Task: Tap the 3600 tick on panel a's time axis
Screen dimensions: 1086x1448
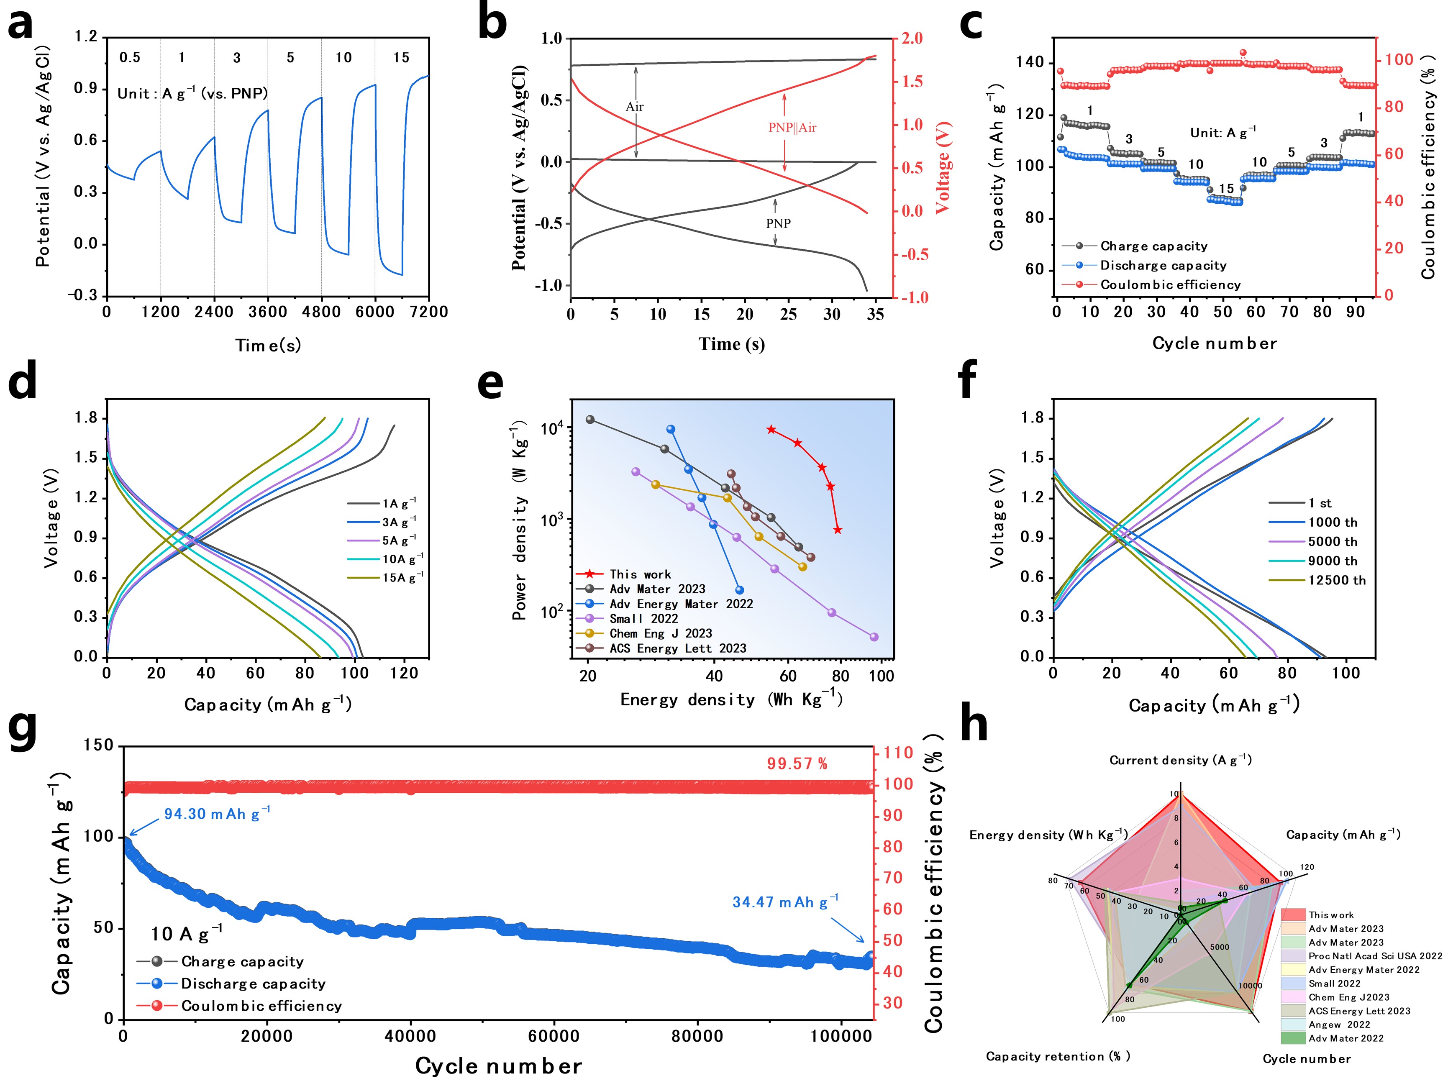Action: click(268, 312)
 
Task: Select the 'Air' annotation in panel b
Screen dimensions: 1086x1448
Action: click(634, 107)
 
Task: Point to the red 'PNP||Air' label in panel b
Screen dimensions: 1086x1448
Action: click(792, 128)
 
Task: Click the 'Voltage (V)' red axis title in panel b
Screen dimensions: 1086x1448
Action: click(942, 168)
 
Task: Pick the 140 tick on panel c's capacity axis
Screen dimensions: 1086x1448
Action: click(1030, 63)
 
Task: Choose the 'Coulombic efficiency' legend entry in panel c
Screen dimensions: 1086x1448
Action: click(1170, 285)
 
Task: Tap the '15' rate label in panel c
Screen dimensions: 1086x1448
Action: click(1225, 189)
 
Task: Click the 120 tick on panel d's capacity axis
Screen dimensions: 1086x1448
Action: click(404, 673)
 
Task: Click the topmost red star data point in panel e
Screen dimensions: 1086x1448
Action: click(771, 430)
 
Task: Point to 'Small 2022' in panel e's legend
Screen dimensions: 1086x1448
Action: click(643, 619)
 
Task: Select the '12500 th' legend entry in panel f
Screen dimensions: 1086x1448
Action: click(1337, 580)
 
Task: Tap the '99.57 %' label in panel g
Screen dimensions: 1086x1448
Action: click(797, 764)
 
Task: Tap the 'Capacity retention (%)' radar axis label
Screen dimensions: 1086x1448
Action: click(1058, 1057)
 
